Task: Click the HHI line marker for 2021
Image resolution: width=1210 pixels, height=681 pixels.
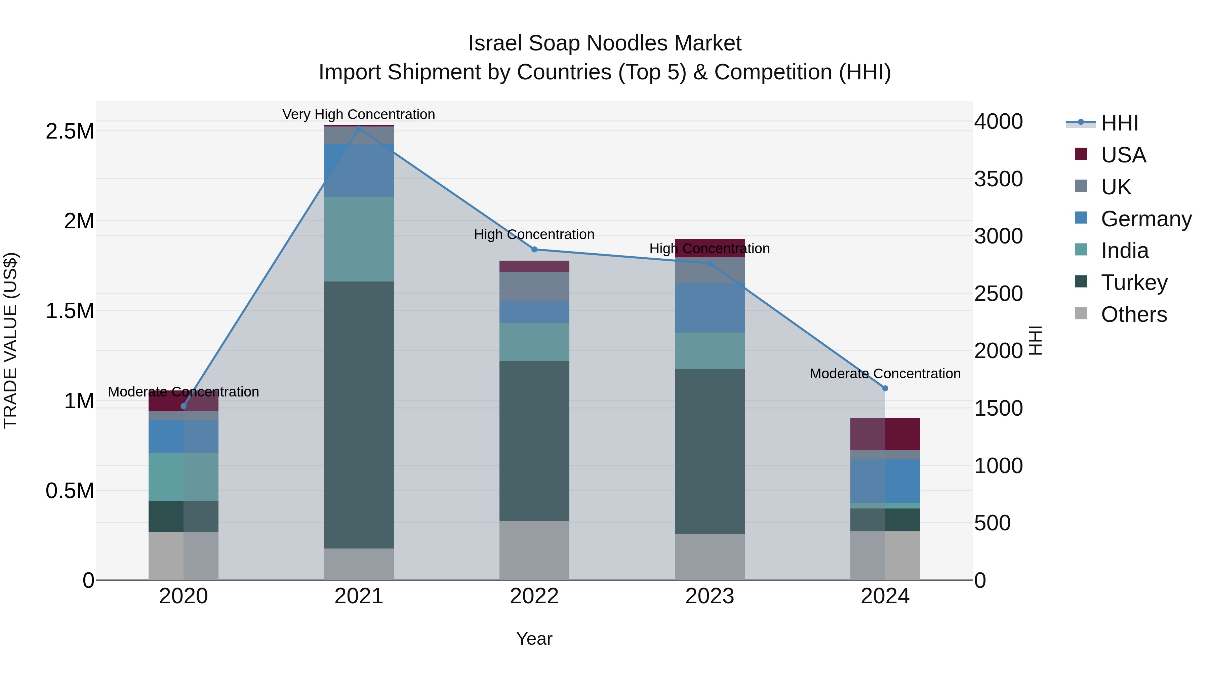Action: tap(359, 128)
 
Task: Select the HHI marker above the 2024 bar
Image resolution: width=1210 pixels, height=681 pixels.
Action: tap(885, 388)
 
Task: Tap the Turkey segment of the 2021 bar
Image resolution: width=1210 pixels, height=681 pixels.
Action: tap(359, 414)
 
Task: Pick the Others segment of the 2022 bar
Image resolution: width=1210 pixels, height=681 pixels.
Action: tap(534, 550)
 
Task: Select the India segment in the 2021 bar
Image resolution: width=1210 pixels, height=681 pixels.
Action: tap(359, 239)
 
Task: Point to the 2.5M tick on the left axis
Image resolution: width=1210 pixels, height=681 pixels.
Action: tap(70, 131)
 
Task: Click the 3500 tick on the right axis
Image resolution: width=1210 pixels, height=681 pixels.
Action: tap(998, 179)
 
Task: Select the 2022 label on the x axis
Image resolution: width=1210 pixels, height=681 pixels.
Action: tap(534, 596)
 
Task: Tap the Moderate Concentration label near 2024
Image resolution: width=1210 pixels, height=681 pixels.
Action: tap(885, 374)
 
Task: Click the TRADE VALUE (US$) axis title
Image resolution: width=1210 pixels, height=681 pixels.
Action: tap(10, 340)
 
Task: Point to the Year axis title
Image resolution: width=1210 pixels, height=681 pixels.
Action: tap(534, 639)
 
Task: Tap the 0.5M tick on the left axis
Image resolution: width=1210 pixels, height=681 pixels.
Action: tap(70, 491)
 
